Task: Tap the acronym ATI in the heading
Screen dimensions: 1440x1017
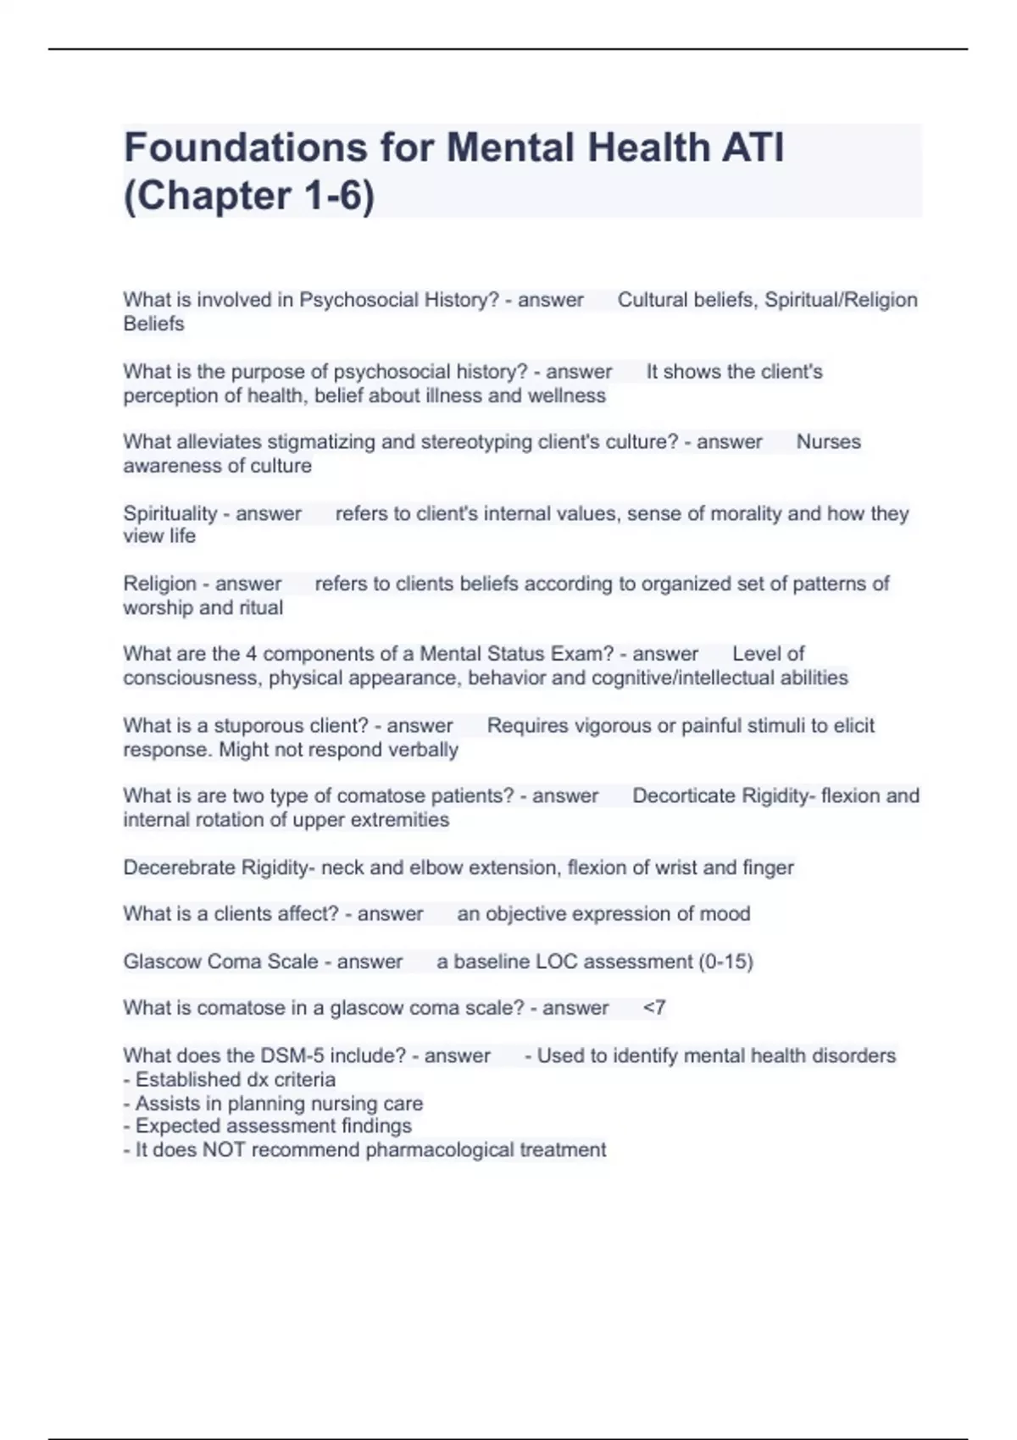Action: pyautogui.click(x=753, y=147)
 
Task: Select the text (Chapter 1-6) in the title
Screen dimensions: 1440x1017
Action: pyautogui.click(x=249, y=196)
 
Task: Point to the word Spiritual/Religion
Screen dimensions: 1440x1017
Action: pyautogui.click(x=841, y=300)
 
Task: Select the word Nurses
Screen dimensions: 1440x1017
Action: pyautogui.click(x=828, y=442)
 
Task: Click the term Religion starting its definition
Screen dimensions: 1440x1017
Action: pyautogui.click(x=159, y=584)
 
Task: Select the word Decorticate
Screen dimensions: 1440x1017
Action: pyautogui.click(x=684, y=796)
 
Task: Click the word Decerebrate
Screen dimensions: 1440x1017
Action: pyautogui.click(x=179, y=867)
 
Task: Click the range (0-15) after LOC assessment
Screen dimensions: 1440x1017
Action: pyautogui.click(x=725, y=961)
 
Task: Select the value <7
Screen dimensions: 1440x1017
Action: pyautogui.click(x=654, y=1008)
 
